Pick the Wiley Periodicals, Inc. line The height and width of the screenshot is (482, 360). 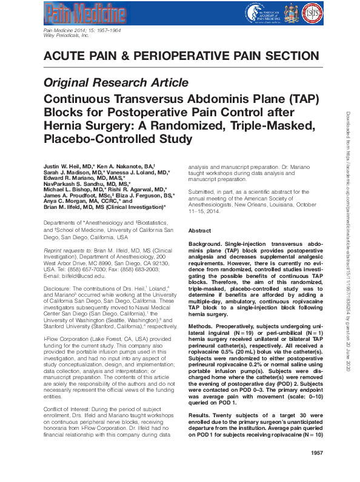(x=67, y=36)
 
